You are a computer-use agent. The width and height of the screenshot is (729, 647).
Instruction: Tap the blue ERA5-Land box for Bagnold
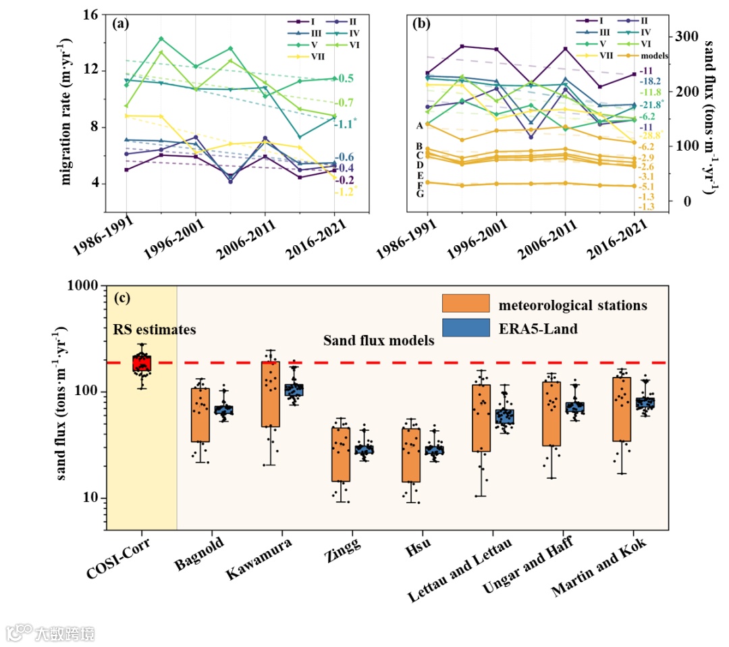[x=223, y=409]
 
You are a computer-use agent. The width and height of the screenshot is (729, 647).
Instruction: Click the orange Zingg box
[x=342, y=454]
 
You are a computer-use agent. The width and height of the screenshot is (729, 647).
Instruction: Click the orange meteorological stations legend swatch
[x=466, y=305]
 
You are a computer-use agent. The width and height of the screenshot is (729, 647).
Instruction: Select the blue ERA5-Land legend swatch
[x=466, y=329]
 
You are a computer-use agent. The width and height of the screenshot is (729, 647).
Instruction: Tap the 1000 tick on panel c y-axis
[x=84, y=286]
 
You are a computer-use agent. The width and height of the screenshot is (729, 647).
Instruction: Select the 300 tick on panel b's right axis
[x=686, y=36]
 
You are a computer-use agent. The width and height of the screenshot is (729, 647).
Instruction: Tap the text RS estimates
[x=153, y=330]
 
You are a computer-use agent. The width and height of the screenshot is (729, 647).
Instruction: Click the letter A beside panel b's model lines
[x=420, y=125]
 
